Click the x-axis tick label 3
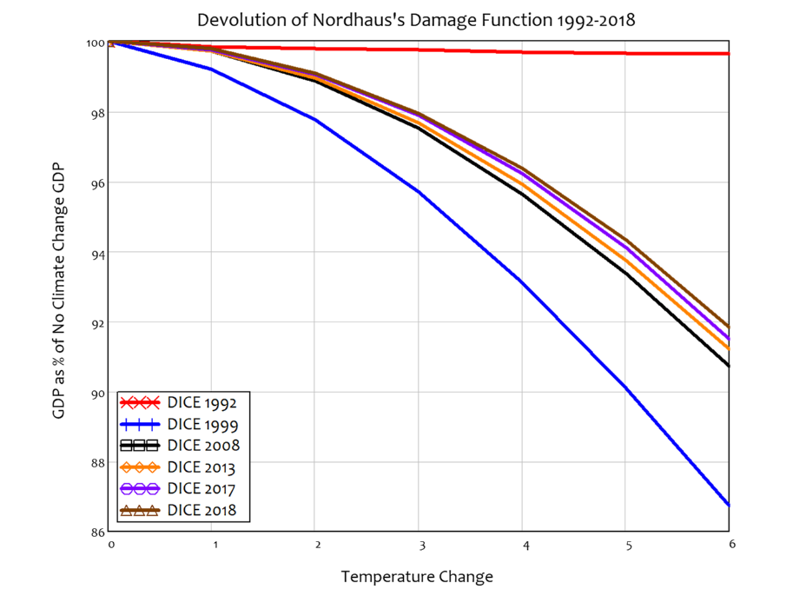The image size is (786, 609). coord(419,545)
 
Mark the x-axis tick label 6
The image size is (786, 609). coord(731,544)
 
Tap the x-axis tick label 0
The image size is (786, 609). coord(111,545)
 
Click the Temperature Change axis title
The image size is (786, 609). coord(417,577)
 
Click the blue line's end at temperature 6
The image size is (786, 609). coord(728,505)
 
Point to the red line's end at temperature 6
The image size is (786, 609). coord(728,54)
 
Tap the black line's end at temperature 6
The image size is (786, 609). coord(728,366)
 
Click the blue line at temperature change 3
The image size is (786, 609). coord(419,192)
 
